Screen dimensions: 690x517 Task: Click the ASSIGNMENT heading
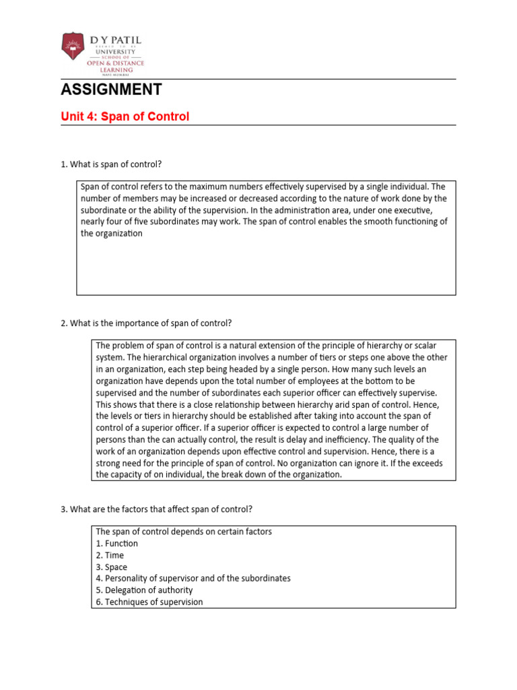pos(111,90)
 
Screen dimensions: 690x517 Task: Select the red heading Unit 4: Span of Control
pos(125,117)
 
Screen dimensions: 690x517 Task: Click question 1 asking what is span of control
pos(111,165)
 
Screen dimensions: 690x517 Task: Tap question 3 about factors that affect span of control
pos(156,509)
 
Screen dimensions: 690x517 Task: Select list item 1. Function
pos(116,544)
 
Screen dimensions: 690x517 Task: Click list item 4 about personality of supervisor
pos(193,579)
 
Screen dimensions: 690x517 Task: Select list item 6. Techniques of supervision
pos(149,602)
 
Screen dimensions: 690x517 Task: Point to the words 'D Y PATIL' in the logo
pos(115,41)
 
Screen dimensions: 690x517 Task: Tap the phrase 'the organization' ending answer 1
pos(112,233)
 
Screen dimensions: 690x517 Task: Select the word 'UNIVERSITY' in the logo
pos(115,51)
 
